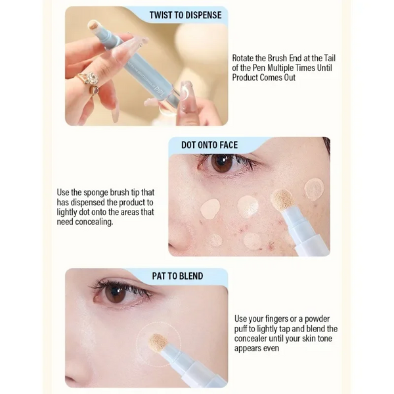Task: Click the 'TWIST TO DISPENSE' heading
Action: [x=185, y=15]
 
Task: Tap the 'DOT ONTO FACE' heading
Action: [x=209, y=145]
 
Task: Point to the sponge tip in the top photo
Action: [x=93, y=26]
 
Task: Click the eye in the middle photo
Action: [x=221, y=164]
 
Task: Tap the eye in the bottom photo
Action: [x=115, y=293]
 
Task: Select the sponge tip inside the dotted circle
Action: [x=158, y=341]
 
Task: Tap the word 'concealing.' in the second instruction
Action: [x=92, y=222]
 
